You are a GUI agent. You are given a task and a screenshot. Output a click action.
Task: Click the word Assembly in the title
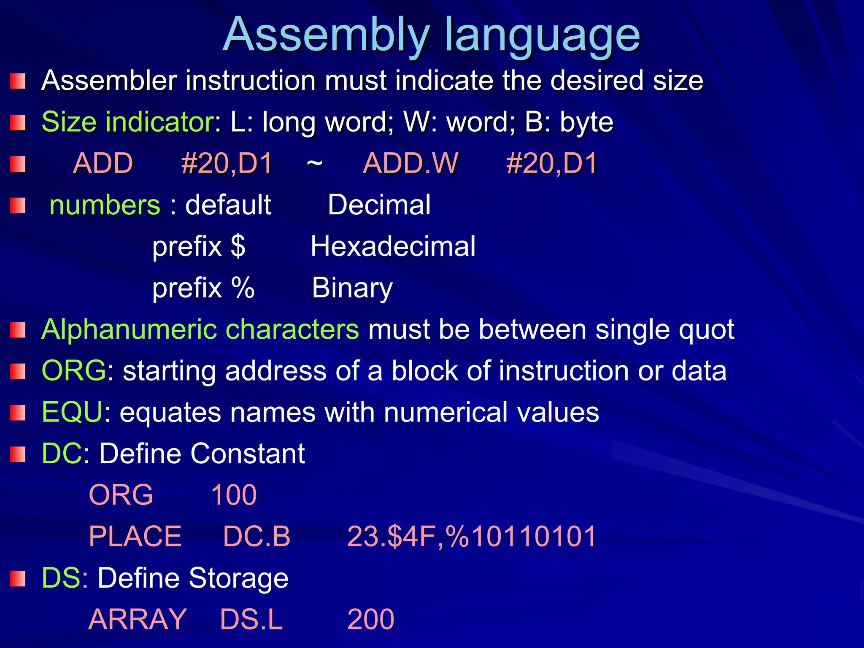[327, 35]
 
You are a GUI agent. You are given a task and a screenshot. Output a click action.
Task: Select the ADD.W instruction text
[410, 163]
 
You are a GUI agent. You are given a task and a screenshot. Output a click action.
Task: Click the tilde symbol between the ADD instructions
[315, 163]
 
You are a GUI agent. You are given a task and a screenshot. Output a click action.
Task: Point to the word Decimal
[379, 205]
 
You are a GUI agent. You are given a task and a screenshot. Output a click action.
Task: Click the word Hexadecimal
[393, 246]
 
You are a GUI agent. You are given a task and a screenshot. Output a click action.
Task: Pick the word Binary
[352, 288]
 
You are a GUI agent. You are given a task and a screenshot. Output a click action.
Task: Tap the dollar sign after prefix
[238, 246]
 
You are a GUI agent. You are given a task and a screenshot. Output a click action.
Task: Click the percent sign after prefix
[243, 288]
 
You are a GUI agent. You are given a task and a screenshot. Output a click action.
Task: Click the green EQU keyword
[72, 412]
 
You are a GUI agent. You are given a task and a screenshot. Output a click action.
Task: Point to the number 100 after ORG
[234, 495]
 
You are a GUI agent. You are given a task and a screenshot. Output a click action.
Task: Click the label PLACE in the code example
[135, 536]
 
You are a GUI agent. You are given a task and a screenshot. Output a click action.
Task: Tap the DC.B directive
[256, 536]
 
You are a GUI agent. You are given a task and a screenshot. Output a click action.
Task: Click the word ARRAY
[138, 619]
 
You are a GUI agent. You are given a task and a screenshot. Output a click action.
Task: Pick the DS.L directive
[251, 619]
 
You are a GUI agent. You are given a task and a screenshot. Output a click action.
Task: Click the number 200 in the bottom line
[371, 619]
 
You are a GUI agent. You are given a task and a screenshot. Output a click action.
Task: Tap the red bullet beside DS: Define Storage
[18, 579]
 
